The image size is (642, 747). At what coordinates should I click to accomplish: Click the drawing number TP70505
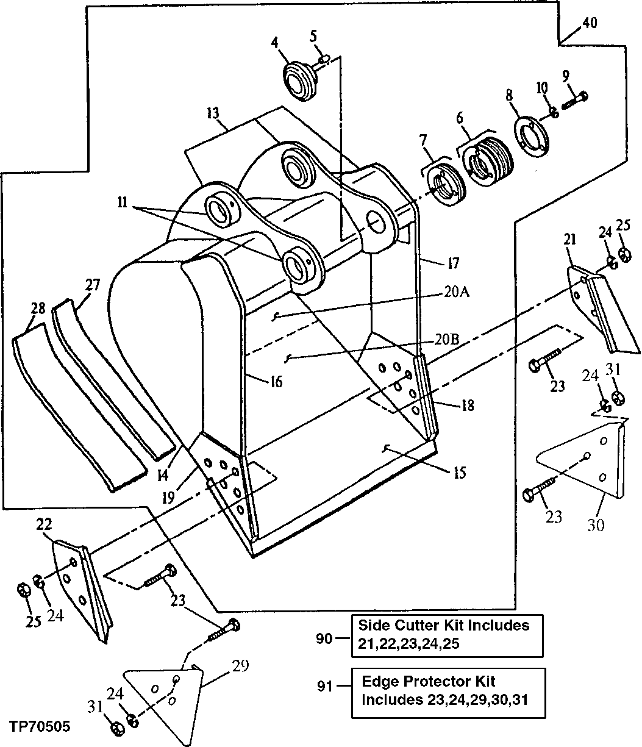(39, 727)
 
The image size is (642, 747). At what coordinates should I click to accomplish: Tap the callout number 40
(589, 23)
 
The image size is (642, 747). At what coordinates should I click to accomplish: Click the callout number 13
(212, 114)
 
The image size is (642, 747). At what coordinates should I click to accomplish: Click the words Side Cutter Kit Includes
(443, 625)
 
